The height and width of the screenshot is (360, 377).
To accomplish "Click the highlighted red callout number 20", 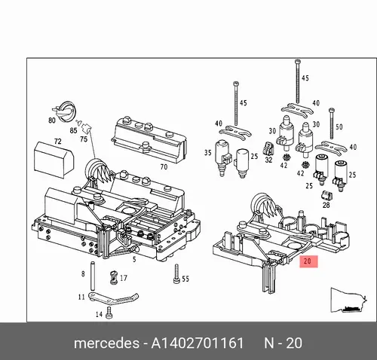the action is tap(308, 261).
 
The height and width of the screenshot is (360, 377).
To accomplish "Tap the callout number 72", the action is tap(58, 142).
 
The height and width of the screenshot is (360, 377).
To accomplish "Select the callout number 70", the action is tap(164, 166).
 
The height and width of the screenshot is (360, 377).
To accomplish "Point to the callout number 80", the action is tap(52, 121).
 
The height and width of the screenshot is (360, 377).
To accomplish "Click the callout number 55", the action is tap(185, 279).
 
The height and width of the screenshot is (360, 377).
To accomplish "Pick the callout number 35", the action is tap(208, 153).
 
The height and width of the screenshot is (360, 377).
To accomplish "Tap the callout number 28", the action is tap(326, 205).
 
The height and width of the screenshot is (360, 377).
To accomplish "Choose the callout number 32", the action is tap(268, 160).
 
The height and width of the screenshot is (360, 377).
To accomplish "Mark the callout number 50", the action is tap(339, 127).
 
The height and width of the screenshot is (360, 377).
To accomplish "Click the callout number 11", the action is tap(81, 297).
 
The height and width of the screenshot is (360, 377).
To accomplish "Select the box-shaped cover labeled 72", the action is tap(54, 160).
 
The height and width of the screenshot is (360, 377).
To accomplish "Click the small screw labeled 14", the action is tap(109, 313).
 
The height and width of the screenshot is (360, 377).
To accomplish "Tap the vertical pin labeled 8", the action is tap(92, 276).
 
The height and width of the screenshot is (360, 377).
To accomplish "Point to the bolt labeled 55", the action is tap(176, 274).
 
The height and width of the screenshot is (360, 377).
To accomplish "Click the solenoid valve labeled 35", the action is tap(222, 157).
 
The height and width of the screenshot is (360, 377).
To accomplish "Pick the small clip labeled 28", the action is tap(326, 196).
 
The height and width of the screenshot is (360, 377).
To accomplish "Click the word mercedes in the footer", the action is tap(106, 343).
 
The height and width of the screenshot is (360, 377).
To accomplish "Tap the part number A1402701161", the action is tap(198, 343).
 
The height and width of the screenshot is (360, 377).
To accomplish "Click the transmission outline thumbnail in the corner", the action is tap(349, 301).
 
